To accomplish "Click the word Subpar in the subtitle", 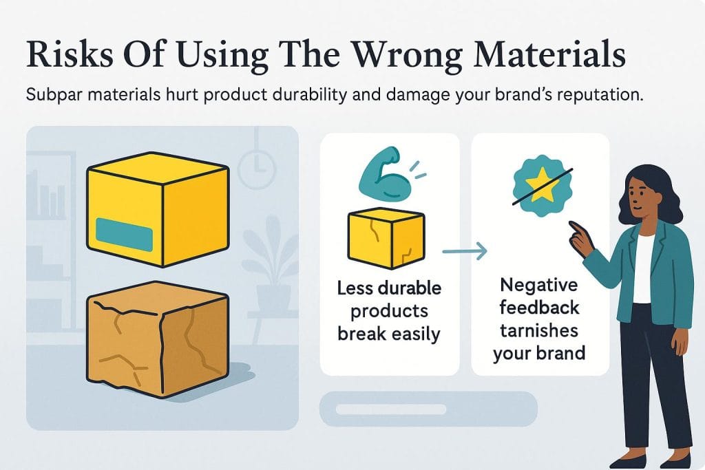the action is coord(53,96).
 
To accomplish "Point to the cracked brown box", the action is coord(158,339).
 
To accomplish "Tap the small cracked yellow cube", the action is coord(386,238).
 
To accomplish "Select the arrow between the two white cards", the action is coord(465,251).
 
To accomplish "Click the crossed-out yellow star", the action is coord(543,184).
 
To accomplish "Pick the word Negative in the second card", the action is coord(538,285).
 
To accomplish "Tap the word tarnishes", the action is coord(538,331).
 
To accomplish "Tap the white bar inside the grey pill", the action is coord(391,409).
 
